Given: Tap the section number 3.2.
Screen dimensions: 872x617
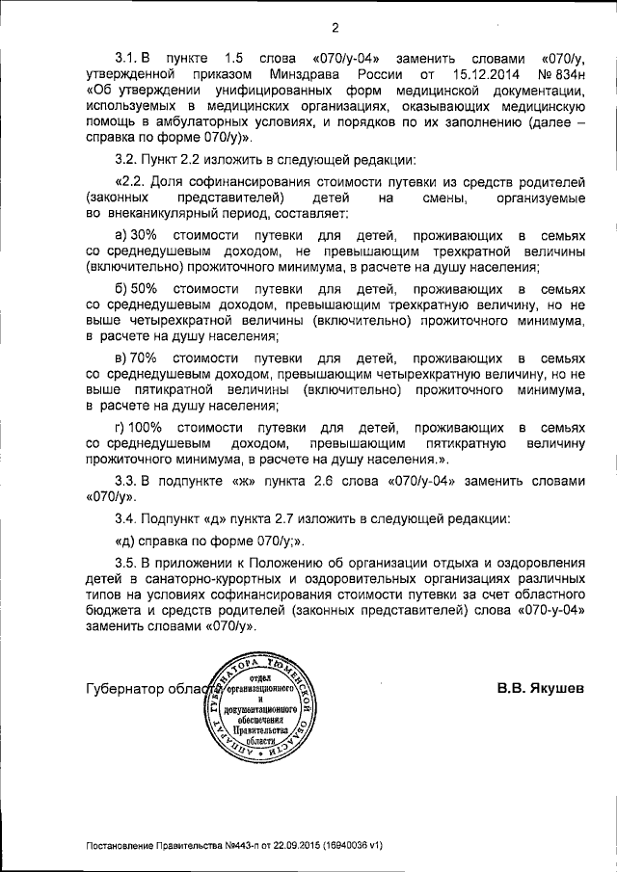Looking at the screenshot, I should coord(126,158).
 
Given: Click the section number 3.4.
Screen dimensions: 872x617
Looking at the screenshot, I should coord(126,518).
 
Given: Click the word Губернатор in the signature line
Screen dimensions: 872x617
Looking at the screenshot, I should coord(125,690).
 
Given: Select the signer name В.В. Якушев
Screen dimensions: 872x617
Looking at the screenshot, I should coord(540,690).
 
